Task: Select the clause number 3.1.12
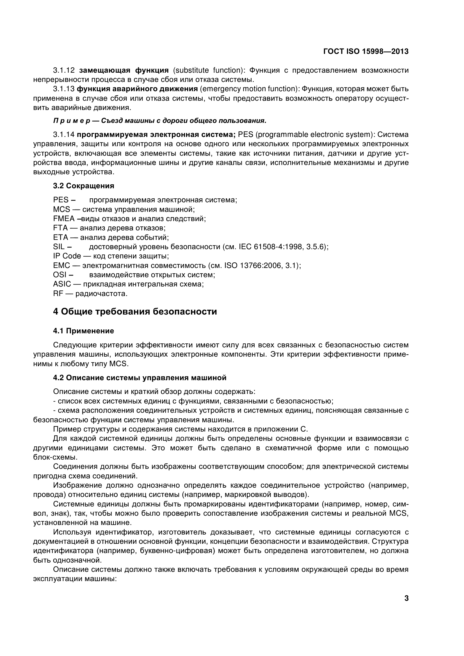click(x=64, y=70)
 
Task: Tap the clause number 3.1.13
click(x=64, y=89)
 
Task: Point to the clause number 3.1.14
click(x=64, y=135)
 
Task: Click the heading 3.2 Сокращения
click(x=83, y=186)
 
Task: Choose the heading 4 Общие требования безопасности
click(x=135, y=311)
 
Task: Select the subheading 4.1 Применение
click(x=83, y=331)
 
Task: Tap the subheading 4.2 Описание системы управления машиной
click(x=140, y=378)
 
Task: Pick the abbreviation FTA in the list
click(x=60, y=228)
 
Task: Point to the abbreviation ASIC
click(x=62, y=284)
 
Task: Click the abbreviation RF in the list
click(x=58, y=294)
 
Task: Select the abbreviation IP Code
click(x=67, y=256)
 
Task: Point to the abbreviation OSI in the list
click(x=60, y=275)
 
